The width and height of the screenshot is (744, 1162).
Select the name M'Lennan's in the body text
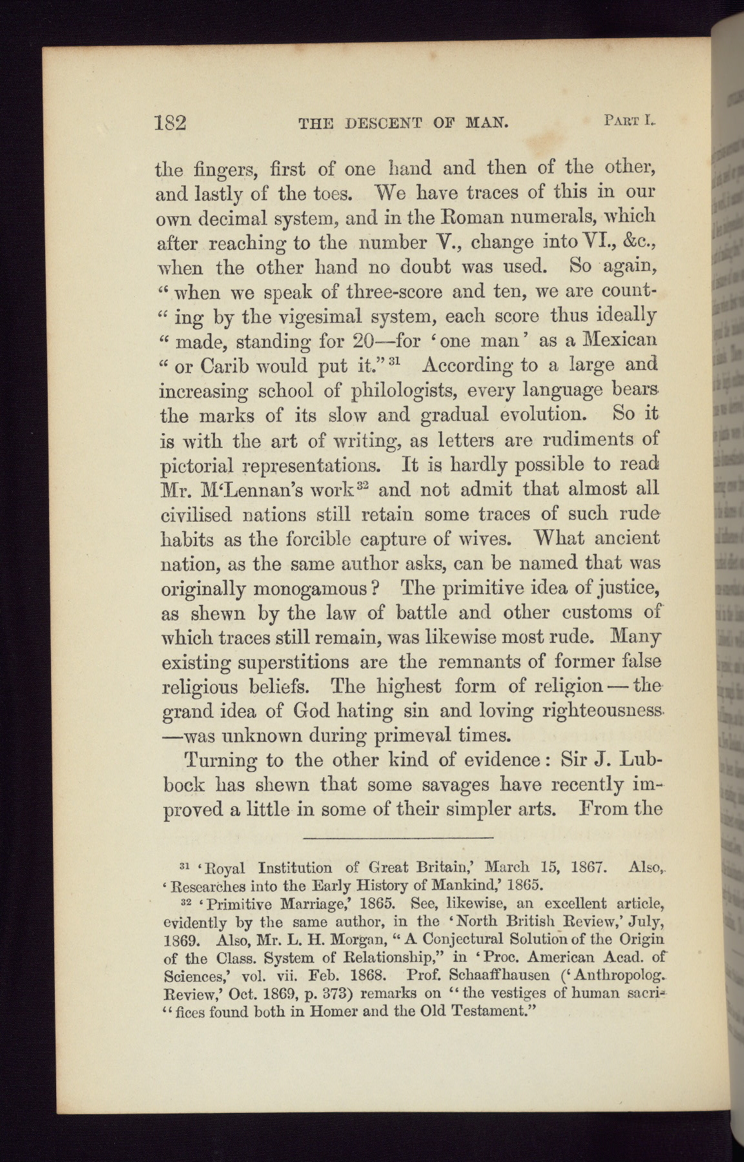tap(272, 489)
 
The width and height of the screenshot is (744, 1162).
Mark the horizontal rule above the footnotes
tap(397, 837)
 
